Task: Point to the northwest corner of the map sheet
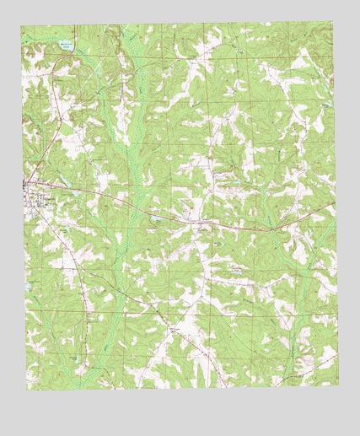click(x=22, y=25)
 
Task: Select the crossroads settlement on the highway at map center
click(x=198, y=223)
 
